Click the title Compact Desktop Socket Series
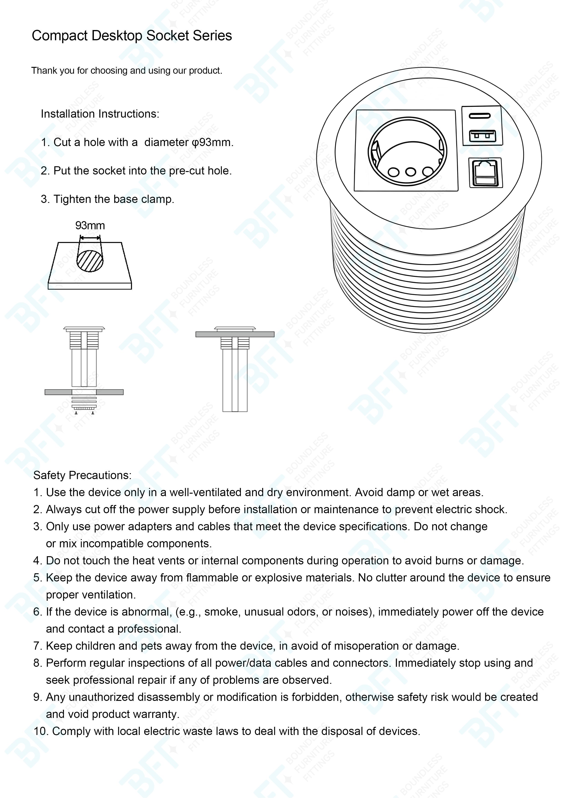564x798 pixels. [132, 36]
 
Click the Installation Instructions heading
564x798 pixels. [100, 114]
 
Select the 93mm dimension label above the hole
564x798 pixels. [90, 226]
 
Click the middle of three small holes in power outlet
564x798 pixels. [411, 172]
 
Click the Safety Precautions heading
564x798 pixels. [82, 475]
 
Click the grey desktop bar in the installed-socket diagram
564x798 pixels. [235, 334]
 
